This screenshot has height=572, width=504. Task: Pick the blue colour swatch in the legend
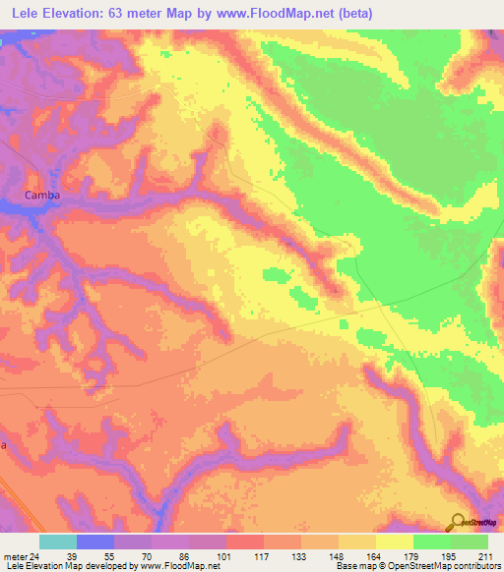(x=94, y=542)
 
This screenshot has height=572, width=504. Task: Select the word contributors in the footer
(x=476, y=565)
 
